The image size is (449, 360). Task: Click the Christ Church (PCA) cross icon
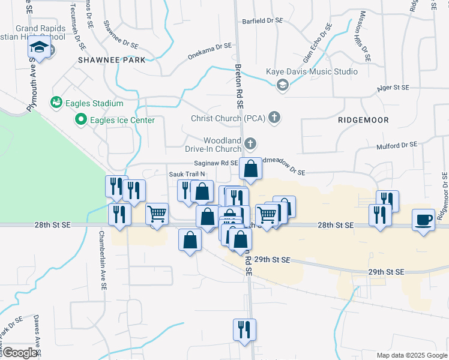click(x=274, y=117)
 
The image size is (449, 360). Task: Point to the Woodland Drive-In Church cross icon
click(x=250, y=144)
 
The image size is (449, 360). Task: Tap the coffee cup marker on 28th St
click(x=424, y=220)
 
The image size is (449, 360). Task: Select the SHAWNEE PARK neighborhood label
click(x=112, y=60)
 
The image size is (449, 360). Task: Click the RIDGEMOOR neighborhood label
click(x=363, y=120)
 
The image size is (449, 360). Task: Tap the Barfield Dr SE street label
click(x=262, y=20)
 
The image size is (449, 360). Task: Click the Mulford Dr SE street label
click(x=396, y=145)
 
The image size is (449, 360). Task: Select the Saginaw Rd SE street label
click(x=215, y=163)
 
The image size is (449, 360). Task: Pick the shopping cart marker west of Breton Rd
click(x=157, y=214)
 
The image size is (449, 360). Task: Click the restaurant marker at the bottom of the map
click(x=244, y=329)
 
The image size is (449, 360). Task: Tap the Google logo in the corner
click(x=20, y=353)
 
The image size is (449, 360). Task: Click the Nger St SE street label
click(x=393, y=88)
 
